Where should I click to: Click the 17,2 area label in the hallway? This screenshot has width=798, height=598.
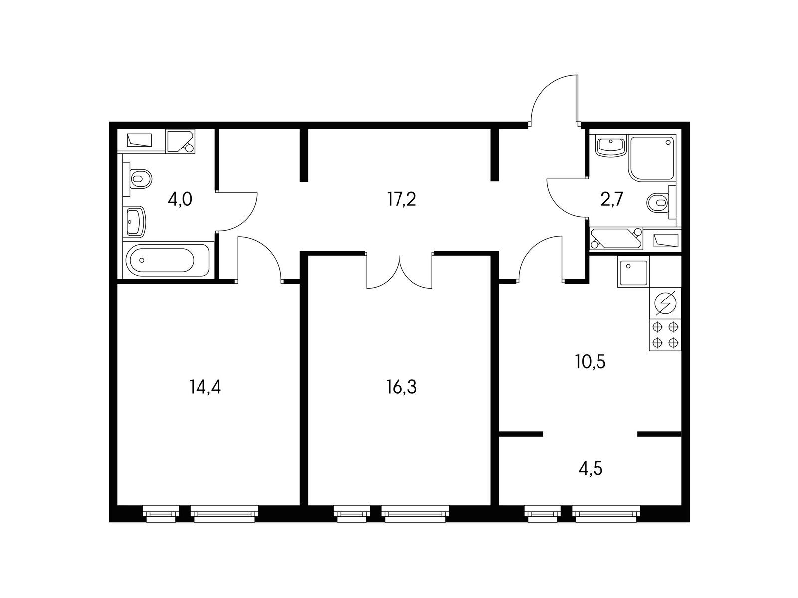click(401, 200)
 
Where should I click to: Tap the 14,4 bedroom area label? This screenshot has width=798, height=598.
click(205, 387)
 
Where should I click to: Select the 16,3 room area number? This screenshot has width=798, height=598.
click(401, 387)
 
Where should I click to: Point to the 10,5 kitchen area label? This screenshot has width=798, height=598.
click(591, 362)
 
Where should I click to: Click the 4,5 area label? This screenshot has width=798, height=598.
click(591, 468)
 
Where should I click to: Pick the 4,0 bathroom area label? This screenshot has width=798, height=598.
click(180, 200)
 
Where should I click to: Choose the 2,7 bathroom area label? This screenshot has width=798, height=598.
click(612, 200)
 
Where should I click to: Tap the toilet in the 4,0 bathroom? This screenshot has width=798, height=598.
click(140, 178)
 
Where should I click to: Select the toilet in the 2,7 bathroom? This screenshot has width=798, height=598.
click(661, 202)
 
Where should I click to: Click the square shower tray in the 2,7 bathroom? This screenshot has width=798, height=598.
click(653, 158)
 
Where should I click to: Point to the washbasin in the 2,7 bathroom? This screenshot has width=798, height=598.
click(611, 146)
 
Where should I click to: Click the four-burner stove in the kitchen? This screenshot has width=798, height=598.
click(665, 335)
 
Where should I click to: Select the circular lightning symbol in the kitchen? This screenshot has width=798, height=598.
click(665, 303)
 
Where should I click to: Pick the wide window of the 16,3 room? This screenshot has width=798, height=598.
click(415, 514)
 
